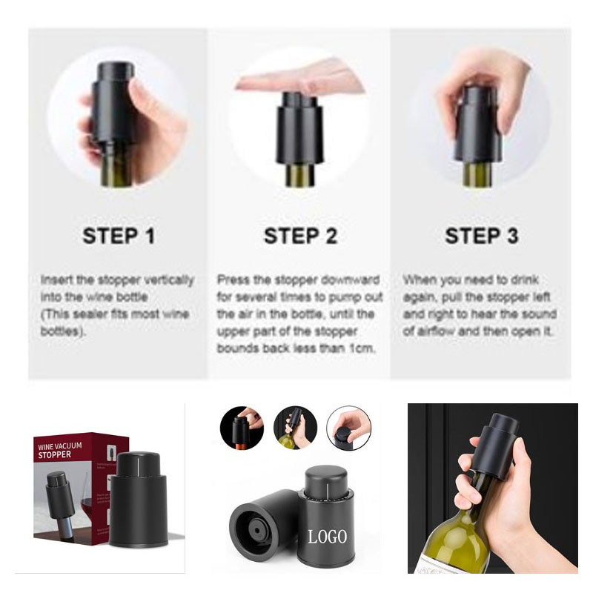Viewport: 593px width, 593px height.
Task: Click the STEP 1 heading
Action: [119, 236]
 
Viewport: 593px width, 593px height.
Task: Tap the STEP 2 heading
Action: [300, 236]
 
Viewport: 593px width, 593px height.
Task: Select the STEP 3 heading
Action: [481, 236]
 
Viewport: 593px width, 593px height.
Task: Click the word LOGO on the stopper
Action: [327, 537]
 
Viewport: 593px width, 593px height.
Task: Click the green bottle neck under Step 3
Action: [477, 174]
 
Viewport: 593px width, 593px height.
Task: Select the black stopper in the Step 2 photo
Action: [299, 128]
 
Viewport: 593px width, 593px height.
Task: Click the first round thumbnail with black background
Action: [242, 428]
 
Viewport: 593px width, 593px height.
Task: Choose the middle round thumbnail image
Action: [295, 428]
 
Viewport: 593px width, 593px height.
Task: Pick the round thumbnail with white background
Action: [348, 428]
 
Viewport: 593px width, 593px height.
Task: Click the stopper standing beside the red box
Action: [139, 499]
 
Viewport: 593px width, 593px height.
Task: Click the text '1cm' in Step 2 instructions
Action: [362, 348]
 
